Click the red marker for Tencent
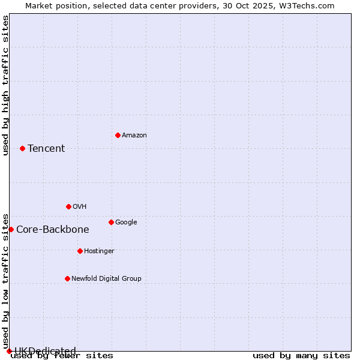tap(22, 148)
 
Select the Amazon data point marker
tap(118, 135)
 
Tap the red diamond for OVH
tap(68, 206)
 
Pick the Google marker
tap(111, 222)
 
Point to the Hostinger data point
tap(80, 251)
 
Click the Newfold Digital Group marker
tap(67, 278)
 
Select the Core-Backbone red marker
tap(11, 229)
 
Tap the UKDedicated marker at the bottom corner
tap(9, 351)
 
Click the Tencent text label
tap(46, 149)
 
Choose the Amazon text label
tap(134, 136)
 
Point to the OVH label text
tap(80, 207)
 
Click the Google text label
tap(126, 223)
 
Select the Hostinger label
tap(99, 251)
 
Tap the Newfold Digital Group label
tap(106, 279)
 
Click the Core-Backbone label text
tap(53, 230)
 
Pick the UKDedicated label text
tap(45, 351)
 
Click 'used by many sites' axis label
tap(301, 356)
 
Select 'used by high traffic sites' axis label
tap(6, 85)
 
